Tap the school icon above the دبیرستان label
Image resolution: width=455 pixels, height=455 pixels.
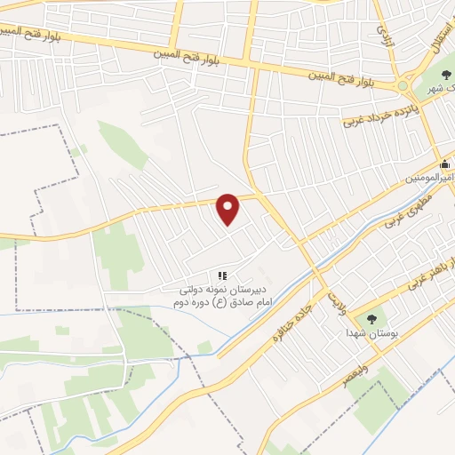tap(222, 276)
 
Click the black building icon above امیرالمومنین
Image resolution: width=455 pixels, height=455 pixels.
tap(445, 164)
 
